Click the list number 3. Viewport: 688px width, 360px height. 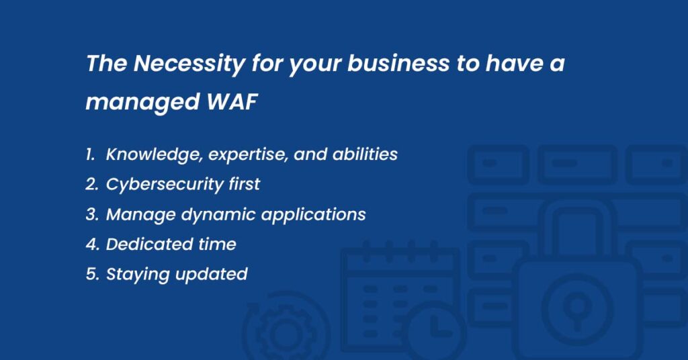point(91,214)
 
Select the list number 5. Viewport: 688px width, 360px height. point(91,274)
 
